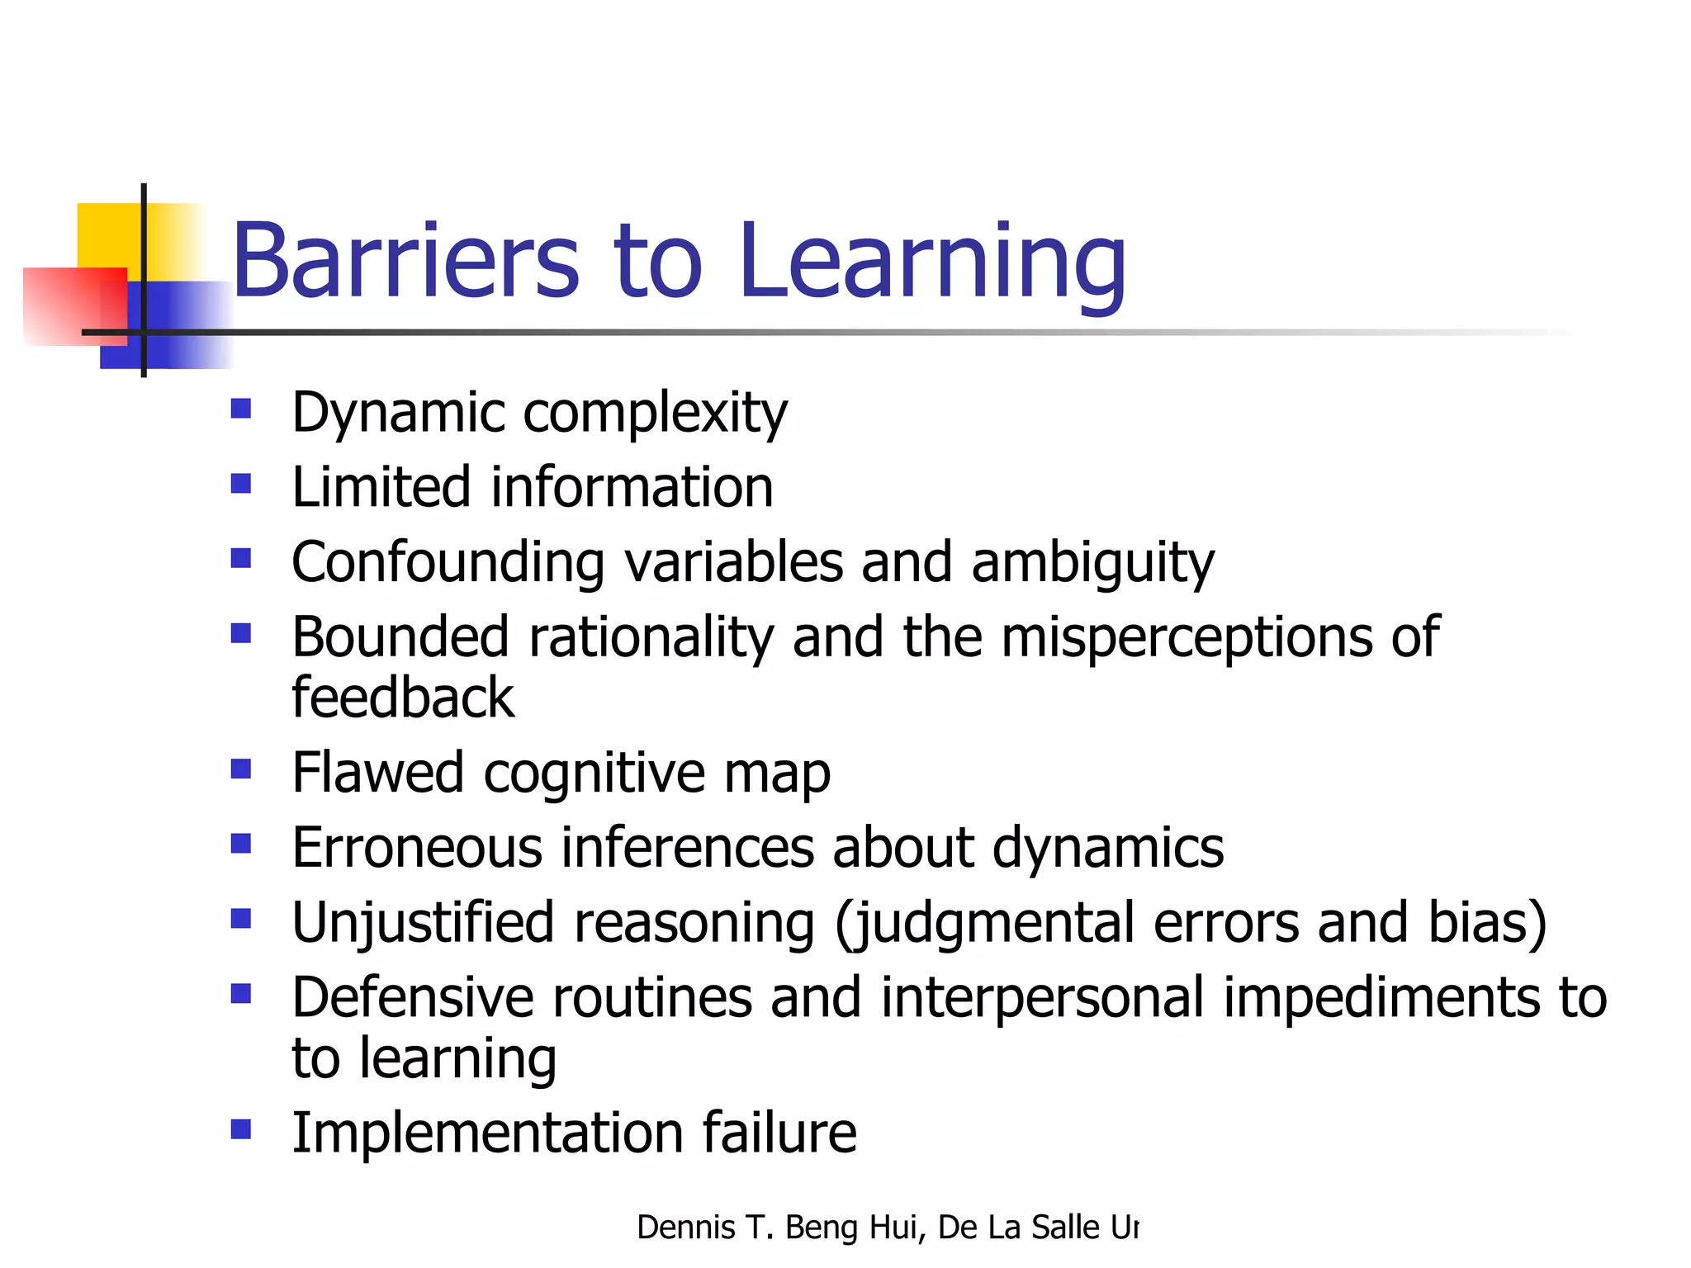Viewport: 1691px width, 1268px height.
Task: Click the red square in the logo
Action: (x=74, y=305)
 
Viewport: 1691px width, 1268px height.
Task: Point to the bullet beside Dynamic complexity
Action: (x=241, y=409)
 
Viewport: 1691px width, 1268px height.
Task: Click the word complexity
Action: (x=656, y=413)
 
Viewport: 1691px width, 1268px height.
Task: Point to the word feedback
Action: (x=403, y=698)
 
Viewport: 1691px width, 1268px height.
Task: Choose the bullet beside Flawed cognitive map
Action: (x=241, y=769)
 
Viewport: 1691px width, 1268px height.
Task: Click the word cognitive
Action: (x=594, y=774)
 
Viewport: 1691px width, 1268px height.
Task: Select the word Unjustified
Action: (x=423, y=923)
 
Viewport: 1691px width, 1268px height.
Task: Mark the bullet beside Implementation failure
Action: (x=241, y=1128)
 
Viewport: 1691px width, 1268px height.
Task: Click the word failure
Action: (x=779, y=1133)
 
